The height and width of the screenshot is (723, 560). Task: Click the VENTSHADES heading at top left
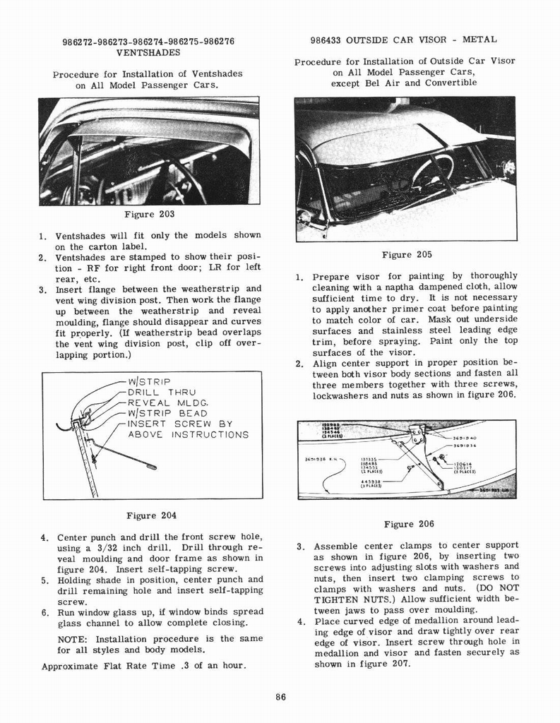(148, 52)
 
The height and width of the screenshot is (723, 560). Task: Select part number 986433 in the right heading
(325, 40)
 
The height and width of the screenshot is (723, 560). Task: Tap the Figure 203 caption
(149, 214)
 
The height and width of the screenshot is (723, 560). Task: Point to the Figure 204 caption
(150, 515)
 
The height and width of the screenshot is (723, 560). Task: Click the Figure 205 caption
(406, 254)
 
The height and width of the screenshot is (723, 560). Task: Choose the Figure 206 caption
(408, 524)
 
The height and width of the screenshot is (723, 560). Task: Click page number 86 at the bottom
(280, 698)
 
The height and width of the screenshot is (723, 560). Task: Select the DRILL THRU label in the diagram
(162, 393)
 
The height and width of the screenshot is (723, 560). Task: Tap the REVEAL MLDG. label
(167, 403)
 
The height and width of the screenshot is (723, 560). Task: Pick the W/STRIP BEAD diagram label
(167, 414)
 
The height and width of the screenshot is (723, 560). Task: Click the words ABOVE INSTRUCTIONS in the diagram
(188, 435)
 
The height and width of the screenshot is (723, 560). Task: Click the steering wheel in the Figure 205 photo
(432, 170)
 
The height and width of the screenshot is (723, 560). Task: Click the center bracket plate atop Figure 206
(417, 432)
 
